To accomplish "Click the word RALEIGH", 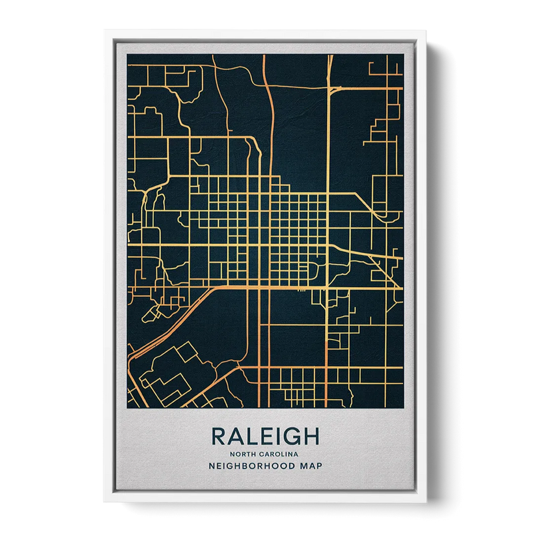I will (x=266, y=437).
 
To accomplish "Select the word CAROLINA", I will (x=280, y=454).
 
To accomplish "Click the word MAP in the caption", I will (x=312, y=466).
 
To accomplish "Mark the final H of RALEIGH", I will (x=310, y=437).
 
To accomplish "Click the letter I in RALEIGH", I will (x=275, y=437).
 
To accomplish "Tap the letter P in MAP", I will (x=319, y=466).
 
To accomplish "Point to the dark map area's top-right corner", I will (x=403, y=55).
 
